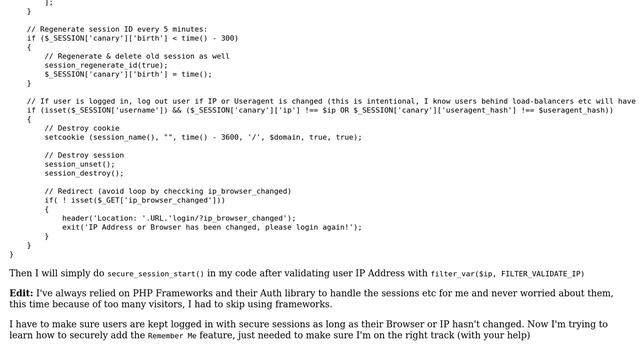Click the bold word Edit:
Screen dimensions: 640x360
(21, 293)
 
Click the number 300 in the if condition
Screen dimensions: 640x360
(229, 38)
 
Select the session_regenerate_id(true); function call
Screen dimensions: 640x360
(106, 65)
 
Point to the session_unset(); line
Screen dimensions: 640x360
(80, 164)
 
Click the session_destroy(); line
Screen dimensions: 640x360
(84, 173)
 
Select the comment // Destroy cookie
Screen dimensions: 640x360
(82, 128)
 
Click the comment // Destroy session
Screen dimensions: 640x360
(84, 155)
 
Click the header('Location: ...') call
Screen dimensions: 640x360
(179, 218)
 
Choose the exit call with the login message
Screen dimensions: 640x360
(212, 227)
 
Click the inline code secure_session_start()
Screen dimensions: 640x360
(156, 274)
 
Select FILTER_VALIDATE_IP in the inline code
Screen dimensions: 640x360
(541, 274)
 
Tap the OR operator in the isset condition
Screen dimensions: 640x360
(344, 110)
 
